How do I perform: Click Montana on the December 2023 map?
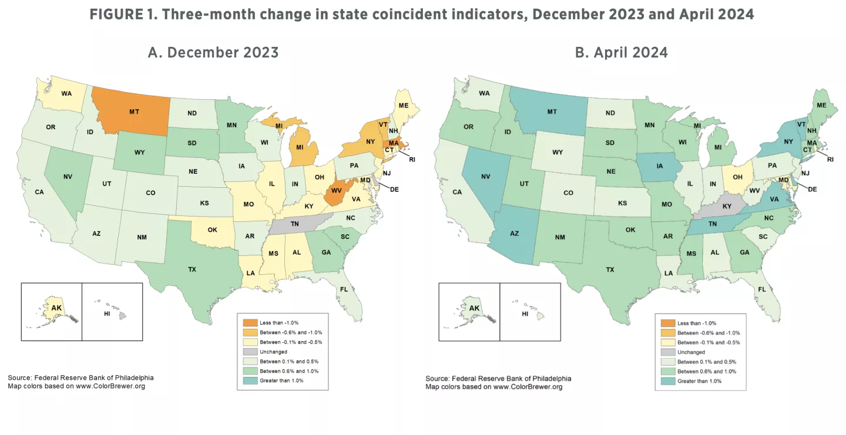click(x=134, y=111)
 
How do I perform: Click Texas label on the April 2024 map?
click(x=610, y=269)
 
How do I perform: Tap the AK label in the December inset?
click(x=56, y=308)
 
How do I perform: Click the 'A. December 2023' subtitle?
click(x=213, y=52)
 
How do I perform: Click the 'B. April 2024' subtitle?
click(x=621, y=52)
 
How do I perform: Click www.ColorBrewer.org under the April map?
click(x=528, y=387)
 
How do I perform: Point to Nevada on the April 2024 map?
click(x=486, y=176)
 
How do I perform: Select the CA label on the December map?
click(x=39, y=191)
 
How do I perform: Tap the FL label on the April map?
click(x=762, y=289)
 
